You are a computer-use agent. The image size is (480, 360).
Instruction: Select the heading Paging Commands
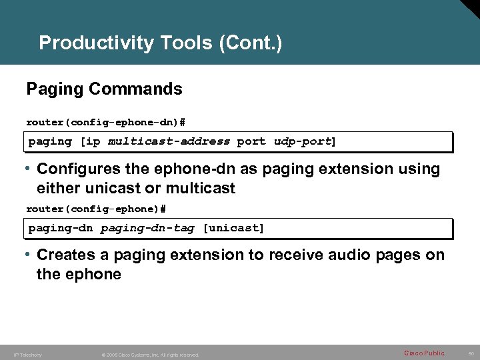click(x=104, y=89)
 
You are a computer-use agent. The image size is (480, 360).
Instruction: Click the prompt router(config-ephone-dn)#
click(x=105, y=122)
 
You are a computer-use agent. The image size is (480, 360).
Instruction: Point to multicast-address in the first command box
click(x=169, y=141)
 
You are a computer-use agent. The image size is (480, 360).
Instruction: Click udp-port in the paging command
click(x=303, y=141)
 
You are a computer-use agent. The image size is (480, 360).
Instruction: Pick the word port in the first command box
click(x=251, y=141)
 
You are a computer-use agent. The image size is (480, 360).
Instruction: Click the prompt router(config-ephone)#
click(x=95, y=209)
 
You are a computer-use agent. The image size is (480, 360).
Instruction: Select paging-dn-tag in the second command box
click(x=147, y=228)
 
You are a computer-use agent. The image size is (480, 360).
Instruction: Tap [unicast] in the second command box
click(x=233, y=228)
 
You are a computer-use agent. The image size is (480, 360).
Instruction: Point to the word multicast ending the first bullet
click(x=201, y=189)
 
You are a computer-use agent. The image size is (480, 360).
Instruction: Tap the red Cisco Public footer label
click(x=424, y=353)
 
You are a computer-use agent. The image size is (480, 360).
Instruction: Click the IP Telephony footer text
click(x=27, y=355)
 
